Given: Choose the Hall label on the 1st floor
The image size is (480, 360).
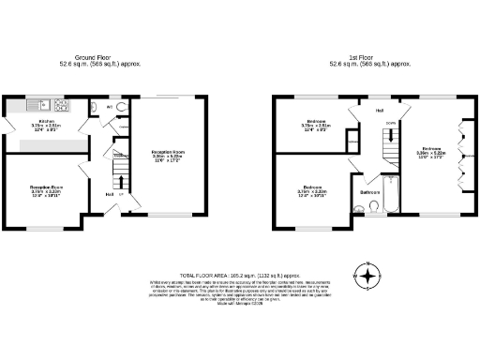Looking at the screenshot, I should (x=380, y=111).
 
